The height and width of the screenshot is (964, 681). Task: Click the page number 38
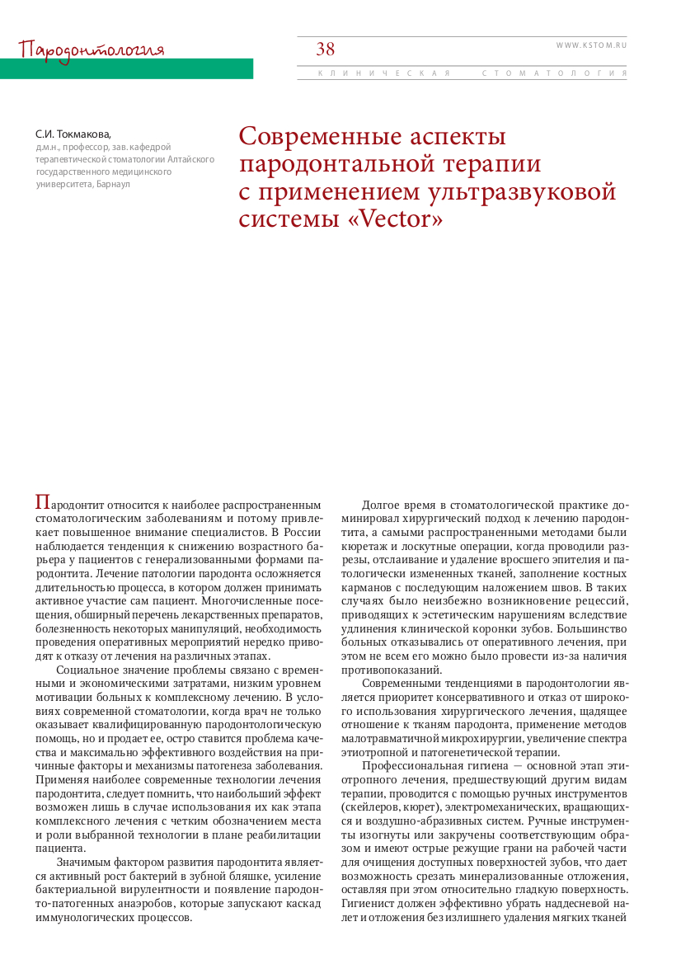click(326, 49)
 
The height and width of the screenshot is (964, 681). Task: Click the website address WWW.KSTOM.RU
click(591, 45)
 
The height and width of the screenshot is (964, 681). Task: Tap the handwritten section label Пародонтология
click(92, 49)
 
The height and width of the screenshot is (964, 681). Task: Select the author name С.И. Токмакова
click(72, 134)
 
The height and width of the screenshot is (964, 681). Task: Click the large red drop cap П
click(42, 501)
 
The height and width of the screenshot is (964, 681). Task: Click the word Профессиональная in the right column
click(417, 767)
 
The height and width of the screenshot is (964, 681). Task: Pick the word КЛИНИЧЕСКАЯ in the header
click(384, 73)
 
